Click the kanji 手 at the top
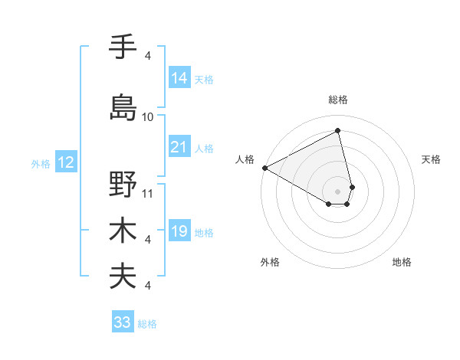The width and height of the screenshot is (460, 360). (123, 47)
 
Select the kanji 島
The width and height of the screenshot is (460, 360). (123, 106)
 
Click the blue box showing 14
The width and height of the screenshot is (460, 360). (179, 78)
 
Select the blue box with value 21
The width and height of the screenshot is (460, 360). (179, 147)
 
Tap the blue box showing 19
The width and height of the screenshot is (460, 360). (179, 231)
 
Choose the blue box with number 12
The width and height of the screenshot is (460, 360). (65, 162)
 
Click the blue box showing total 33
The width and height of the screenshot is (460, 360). (123, 322)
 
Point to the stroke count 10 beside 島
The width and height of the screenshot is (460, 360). (148, 117)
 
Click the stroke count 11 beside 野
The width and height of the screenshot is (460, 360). (148, 194)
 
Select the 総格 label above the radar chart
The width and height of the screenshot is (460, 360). (338, 100)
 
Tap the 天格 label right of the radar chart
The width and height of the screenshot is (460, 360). (432, 159)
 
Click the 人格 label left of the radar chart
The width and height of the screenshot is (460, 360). (245, 159)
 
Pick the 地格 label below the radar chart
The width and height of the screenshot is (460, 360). (402, 262)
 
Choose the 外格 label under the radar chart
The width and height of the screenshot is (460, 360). (270, 262)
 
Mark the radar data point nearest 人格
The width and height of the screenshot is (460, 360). (264, 167)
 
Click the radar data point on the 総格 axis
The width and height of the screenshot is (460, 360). (338, 131)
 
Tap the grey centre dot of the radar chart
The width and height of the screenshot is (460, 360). (338, 191)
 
